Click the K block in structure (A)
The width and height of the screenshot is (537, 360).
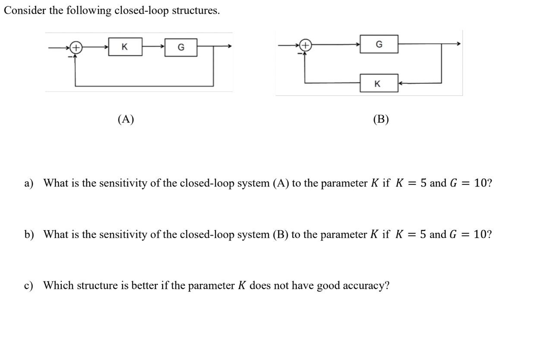click(x=125, y=47)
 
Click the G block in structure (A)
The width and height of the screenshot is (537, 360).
click(x=181, y=47)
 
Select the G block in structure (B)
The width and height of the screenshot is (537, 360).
click(x=379, y=44)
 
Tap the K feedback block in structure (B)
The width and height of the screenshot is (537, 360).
click(x=378, y=83)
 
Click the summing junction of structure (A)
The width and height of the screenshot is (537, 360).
click(x=76, y=47)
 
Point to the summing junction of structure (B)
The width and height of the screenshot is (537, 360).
click(x=305, y=44)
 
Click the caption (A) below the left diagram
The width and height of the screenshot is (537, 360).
click(x=126, y=119)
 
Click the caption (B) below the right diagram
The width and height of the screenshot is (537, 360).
click(x=381, y=119)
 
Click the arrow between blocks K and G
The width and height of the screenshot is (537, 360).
click(x=153, y=47)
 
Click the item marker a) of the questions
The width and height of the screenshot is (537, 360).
click(x=29, y=183)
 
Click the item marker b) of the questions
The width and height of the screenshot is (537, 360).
click(x=29, y=234)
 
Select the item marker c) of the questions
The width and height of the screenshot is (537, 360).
click(x=29, y=285)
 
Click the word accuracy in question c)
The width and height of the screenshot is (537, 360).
click(x=365, y=286)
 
